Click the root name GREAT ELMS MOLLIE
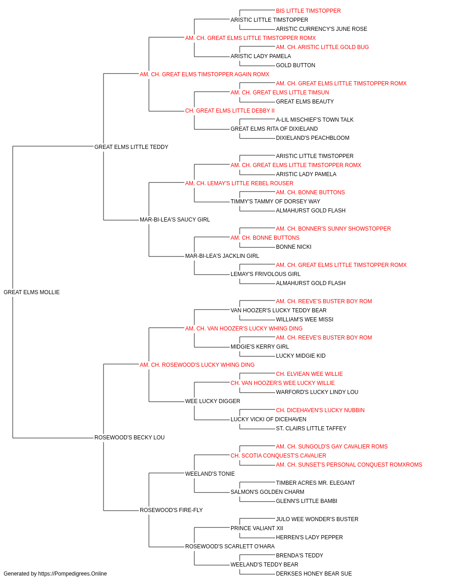[31, 292]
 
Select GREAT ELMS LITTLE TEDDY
[131, 147]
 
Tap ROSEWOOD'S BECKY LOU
[129, 438]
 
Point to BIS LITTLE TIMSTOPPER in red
[308, 11]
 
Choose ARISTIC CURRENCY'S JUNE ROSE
[321, 29]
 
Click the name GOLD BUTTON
[296, 65]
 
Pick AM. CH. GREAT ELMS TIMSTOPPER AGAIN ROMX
[205, 74]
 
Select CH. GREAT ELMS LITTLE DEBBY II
[230, 111]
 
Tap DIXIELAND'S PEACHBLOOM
[312, 138]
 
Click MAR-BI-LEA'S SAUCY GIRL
[175, 220]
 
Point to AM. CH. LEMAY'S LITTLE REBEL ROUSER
[239, 183]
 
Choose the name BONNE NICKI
[294, 247]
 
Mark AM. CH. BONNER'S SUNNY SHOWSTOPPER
[333, 229]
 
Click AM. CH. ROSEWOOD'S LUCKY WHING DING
[197, 365]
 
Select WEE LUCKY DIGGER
[212, 401]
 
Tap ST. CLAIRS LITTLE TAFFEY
[311, 428]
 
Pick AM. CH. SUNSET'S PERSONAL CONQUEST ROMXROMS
[349, 465]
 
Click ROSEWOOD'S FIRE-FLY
[171, 510]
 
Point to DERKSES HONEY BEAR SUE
[314, 574]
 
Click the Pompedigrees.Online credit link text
[73, 574]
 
